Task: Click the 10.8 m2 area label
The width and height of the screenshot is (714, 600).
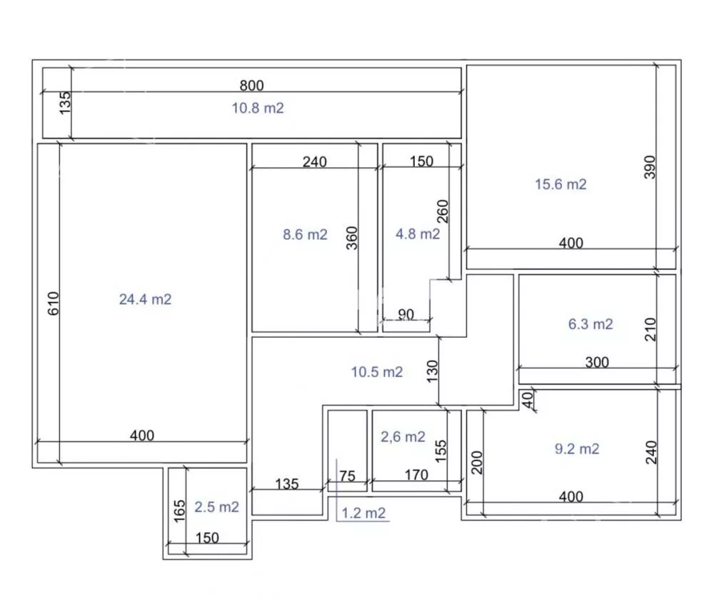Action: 258,108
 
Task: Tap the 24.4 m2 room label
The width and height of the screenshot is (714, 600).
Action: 145,299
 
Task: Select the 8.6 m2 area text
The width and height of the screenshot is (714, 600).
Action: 305,234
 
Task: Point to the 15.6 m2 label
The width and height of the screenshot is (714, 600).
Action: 560,184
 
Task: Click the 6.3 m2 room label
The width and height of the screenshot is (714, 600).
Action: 590,324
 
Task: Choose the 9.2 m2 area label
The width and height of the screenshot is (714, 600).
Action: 577,449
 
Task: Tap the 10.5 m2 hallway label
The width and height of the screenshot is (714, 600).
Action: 377,372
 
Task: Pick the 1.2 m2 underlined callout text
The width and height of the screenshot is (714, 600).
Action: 363,514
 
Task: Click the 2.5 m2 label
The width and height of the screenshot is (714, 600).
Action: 217,507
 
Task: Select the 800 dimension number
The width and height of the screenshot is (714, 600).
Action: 252,86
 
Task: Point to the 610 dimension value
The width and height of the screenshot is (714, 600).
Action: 54,304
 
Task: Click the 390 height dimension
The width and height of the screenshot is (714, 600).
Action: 650,167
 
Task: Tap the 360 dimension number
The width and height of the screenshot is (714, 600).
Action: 352,238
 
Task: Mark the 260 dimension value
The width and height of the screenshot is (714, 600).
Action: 443,211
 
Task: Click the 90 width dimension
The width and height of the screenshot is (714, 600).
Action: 406,314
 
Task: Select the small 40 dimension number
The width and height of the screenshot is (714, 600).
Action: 527,400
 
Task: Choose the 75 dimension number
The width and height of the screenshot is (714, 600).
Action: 347,476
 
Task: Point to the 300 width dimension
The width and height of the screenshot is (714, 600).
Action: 597,363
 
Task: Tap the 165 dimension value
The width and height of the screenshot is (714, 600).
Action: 179,511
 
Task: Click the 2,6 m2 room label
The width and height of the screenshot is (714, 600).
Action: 403,437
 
